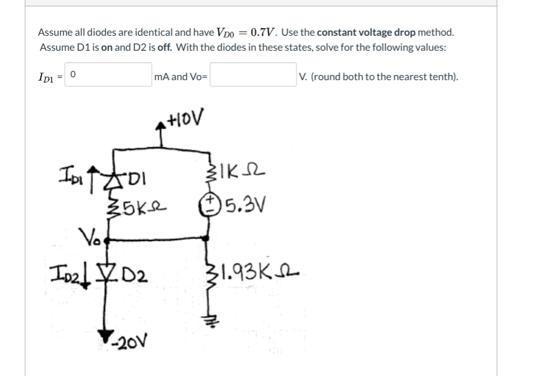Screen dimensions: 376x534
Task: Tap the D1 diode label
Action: coord(140,176)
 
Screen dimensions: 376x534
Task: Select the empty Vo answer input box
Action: coord(253,75)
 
